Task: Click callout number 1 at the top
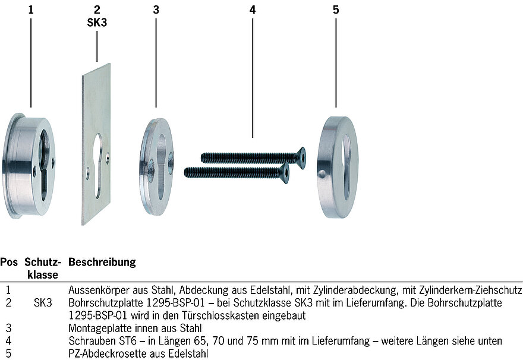point(31,10)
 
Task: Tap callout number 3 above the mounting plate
point(156,10)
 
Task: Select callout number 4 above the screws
point(253,10)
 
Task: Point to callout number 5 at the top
point(336,10)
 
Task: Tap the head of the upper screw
point(300,156)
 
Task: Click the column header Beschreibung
point(102,262)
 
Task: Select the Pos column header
point(9,262)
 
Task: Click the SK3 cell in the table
point(43,303)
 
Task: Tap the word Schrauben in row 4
point(92,341)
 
